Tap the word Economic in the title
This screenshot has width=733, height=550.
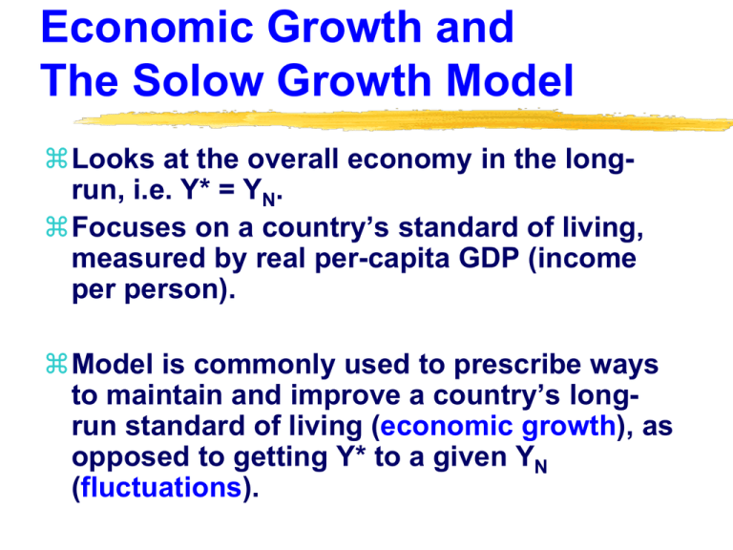[x=147, y=27]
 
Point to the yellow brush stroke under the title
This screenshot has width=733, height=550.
[x=404, y=120]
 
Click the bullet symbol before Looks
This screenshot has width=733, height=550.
[x=56, y=159]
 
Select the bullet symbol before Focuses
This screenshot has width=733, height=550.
[x=56, y=226]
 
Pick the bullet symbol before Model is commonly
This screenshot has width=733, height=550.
[x=56, y=364]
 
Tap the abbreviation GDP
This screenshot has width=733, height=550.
[x=489, y=258]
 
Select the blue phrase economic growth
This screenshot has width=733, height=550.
[x=498, y=428]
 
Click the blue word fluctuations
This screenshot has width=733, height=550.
[x=161, y=487]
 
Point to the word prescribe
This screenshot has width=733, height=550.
[x=517, y=366]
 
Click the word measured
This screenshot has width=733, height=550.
[x=138, y=258]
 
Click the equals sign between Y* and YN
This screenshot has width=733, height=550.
[x=226, y=191]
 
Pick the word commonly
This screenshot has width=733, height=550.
[x=264, y=366]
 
